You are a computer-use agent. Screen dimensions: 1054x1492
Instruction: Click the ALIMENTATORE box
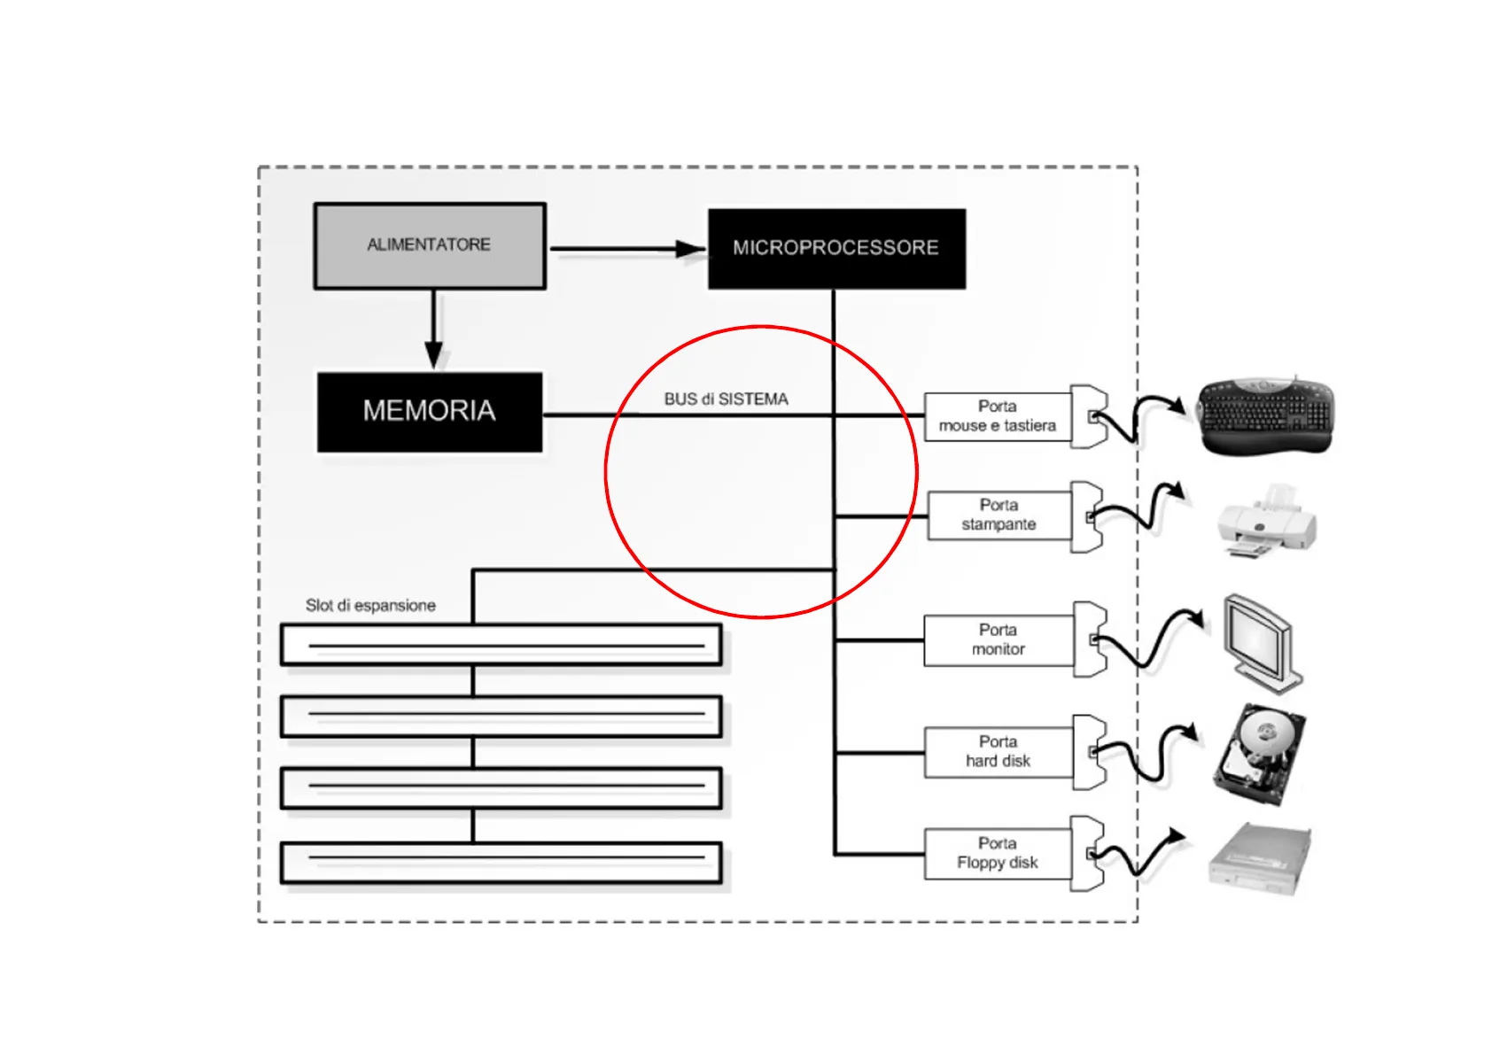click(x=430, y=245)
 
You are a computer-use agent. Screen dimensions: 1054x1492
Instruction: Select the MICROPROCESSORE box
click(x=835, y=248)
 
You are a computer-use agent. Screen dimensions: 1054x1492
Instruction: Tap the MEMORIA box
click(x=430, y=412)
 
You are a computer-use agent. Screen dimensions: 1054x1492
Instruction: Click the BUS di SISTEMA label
click(x=726, y=399)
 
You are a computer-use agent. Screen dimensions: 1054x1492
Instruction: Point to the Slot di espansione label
click(x=370, y=606)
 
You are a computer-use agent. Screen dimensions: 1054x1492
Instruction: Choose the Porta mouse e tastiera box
click(x=997, y=417)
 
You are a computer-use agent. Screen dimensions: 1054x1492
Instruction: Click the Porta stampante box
click(x=999, y=515)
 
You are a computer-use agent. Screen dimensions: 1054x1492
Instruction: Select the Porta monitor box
click(x=998, y=639)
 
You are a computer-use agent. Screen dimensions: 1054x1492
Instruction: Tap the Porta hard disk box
click(x=998, y=752)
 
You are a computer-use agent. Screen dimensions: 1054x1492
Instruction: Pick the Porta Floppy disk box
click(x=997, y=854)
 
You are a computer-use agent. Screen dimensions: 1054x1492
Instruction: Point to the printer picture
click(x=1266, y=523)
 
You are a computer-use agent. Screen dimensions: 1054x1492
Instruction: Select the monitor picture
click(x=1262, y=642)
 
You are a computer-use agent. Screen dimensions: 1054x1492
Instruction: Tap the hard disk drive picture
click(x=1257, y=753)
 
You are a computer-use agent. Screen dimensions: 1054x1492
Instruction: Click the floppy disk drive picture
click(x=1259, y=859)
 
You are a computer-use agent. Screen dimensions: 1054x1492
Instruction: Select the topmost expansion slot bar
click(x=501, y=645)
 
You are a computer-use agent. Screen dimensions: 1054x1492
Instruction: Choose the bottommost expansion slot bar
click(x=501, y=863)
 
